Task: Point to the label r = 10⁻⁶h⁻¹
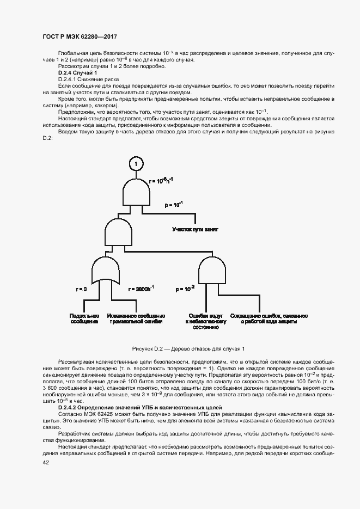pos(163,181)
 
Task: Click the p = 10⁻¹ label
pos(174,205)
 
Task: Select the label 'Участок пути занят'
pos(196,230)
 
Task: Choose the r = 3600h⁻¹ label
pos(141,289)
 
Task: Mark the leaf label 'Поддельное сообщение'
pos(84,319)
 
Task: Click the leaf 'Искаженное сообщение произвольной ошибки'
pos(136,319)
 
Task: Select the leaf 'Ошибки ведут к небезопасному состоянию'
pos(206,322)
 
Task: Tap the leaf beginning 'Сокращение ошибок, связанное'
pos(269,319)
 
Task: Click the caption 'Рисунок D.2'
pos(188,348)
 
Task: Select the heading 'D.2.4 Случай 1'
pos(77,73)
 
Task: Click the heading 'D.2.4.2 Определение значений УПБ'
pos(143,408)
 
